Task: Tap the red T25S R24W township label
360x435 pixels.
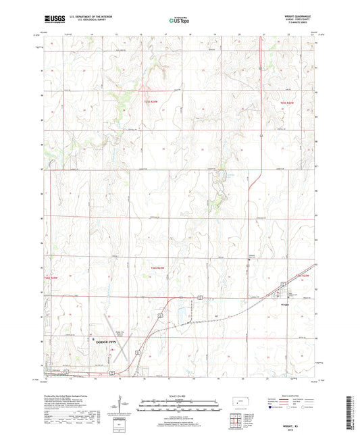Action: point(150,102)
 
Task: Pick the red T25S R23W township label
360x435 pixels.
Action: point(287,102)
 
